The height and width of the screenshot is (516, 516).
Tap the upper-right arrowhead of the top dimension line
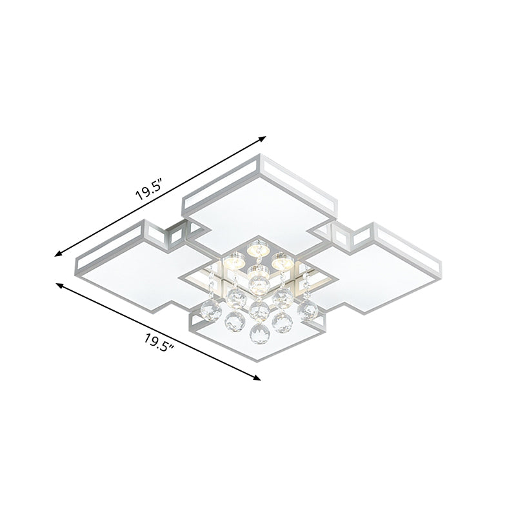[x=263, y=138]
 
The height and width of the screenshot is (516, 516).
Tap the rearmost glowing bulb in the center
[x=258, y=246]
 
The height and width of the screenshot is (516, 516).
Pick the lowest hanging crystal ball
[x=257, y=335]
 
